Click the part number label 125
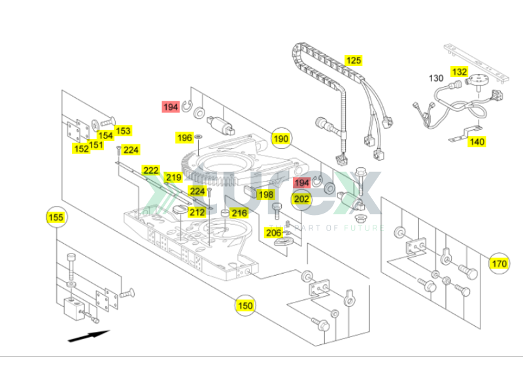tap(353, 61)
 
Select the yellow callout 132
tap(459, 72)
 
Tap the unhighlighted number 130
tap(436, 78)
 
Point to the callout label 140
tap(477, 142)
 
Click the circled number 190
tap(281, 139)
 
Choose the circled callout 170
tap(499, 264)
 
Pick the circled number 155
tap(57, 218)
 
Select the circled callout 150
tap(245, 305)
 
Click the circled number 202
tap(301, 199)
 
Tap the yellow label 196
tap(185, 138)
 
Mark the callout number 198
tap(265, 195)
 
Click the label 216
tap(239, 213)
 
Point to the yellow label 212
tap(197, 212)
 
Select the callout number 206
tap(273, 233)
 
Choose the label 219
tap(173, 178)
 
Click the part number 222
tap(151, 171)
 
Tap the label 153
tap(124, 131)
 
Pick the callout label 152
tap(81, 149)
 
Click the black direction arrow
tap(88, 336)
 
